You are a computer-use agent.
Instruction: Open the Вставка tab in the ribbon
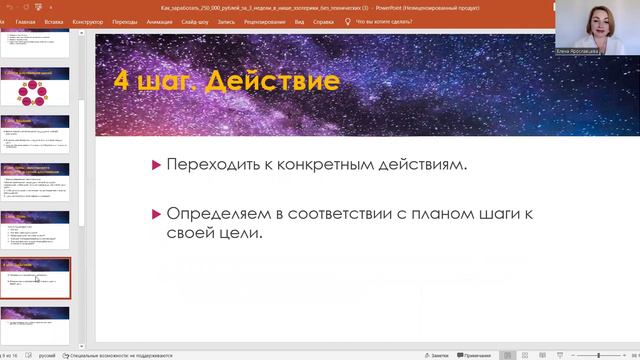click(x=54, y=20)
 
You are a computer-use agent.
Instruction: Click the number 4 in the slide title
click(x=121, y=81)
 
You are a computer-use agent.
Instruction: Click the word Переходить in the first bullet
click(x=213, y=164)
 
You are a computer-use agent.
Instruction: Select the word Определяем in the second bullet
click(x=214, y=213)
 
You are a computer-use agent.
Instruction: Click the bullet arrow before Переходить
click(x=155, y=164)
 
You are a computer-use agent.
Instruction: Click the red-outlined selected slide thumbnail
click(x=35, y=278)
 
